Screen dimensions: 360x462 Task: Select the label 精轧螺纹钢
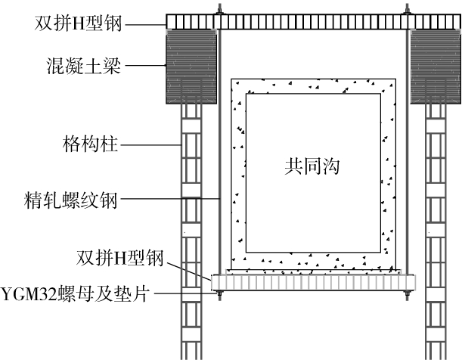click(76, 201)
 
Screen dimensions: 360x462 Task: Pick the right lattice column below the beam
click(437, 227)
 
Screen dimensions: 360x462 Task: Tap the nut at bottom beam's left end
click(219, 293)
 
